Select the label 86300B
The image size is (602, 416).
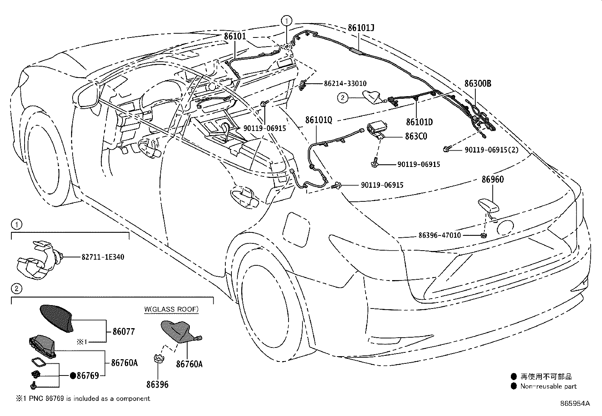[478, 84]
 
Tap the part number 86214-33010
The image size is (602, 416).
[345, 84]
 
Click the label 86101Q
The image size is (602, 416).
[318, 120]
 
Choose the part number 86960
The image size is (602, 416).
[492, 179]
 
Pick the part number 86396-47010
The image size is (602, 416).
[439, 235]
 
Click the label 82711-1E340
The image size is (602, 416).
[103, 257]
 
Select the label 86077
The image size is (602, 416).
[124, 332]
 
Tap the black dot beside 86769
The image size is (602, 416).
[73, 375]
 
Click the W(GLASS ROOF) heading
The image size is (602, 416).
[171, 309]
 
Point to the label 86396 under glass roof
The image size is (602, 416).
[157, 385]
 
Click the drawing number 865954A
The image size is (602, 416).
[575, 403]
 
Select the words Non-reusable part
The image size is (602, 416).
[548, 386]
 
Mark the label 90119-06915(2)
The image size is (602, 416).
[492, 150]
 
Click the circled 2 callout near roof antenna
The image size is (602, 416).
[342, 98]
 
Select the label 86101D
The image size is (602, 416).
[419, 122]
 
